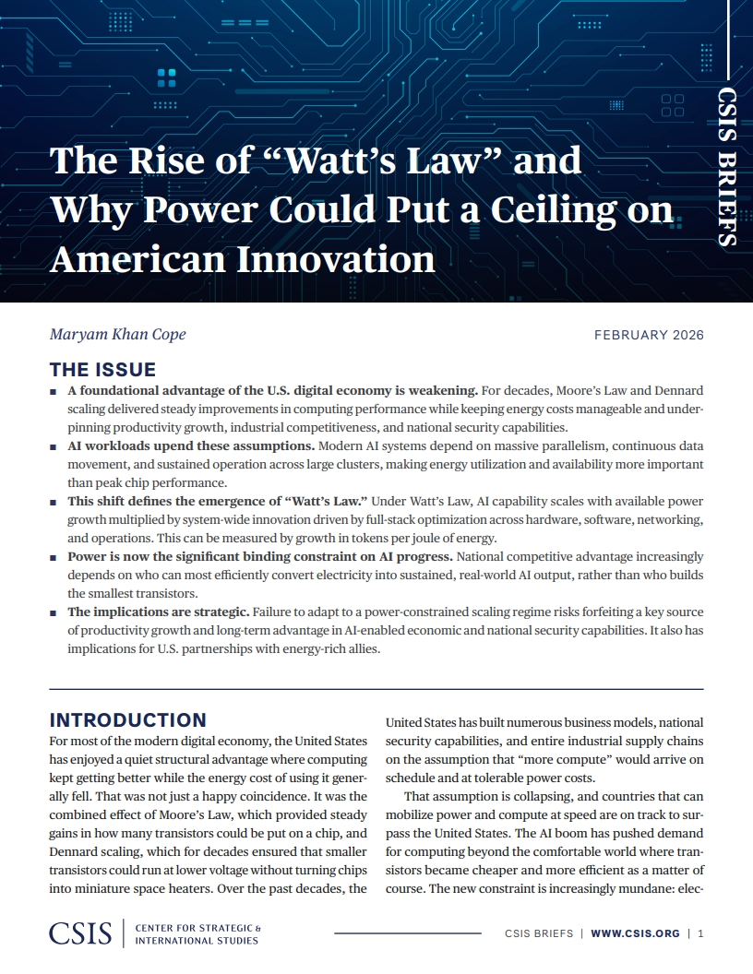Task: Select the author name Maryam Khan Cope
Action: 117,334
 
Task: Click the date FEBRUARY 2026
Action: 649,335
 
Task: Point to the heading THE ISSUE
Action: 102,370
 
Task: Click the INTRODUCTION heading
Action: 127,720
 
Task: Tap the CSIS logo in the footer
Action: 80,932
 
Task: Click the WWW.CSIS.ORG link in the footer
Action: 635,933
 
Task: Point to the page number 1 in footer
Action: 701,933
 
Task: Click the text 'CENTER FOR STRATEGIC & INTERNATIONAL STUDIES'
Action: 197,933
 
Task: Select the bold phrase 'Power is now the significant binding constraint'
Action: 259,557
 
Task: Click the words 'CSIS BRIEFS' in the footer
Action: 539,933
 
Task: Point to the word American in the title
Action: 137,259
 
